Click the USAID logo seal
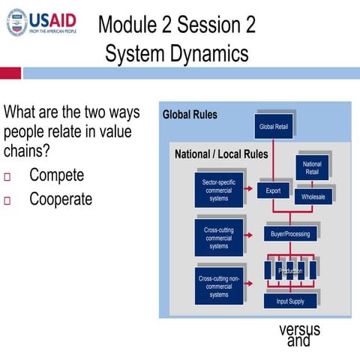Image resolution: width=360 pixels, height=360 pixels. pyautogui.click(x=16, y=23)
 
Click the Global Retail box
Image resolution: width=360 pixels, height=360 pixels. pyautogui.click(x=273, y=126)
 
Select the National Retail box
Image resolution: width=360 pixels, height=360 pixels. pyautogui.click(x=312, y=168)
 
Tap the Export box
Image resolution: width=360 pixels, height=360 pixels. pyautogui.click(x=273, y=190)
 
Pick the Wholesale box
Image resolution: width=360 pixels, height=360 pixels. pyautogui.click(x=313, y=196)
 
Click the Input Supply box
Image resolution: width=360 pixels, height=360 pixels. pyautogui.click(x=290, y=301)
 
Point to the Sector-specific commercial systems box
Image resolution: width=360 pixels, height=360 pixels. pyautogui.click(x=219, y=190)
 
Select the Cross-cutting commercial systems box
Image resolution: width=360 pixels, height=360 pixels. pyautogui.click(x=219, y=237)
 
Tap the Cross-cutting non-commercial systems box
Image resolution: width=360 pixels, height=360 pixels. pyautogui.click(x=219, y=286)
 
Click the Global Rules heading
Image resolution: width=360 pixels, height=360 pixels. pyautogui.click(x=190, y=115)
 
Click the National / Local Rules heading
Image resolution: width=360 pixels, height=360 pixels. pyautogui.click(x=221, y=154)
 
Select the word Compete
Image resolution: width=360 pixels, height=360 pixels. pyautogui.click(x=57, y=175)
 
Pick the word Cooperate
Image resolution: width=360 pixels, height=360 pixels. pyautogui.click(x=61, y=199)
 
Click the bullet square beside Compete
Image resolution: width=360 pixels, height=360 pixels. pyautogui.click(x=8, y=177)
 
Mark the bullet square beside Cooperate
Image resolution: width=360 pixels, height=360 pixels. pyautogui.click(x=8, y=201)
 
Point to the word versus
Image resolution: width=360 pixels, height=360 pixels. pyautogui.click(x=299, y=329)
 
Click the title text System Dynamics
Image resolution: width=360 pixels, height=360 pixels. pyautogui.click(x=176, y=54)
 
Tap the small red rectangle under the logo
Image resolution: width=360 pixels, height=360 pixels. pyautogui.click(x=10, y=73)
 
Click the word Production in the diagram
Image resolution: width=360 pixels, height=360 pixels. pyautogui.click(x=290, y=271)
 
